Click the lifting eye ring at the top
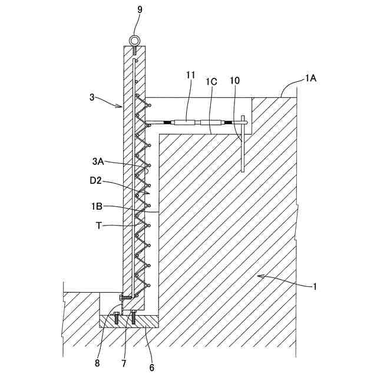(134, 39)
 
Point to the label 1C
(211, 82)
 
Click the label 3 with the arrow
(91, 97)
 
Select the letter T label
(99, 225)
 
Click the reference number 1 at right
(315, 287)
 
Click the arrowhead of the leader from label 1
(260, 276)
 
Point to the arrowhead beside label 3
(121, 107)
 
